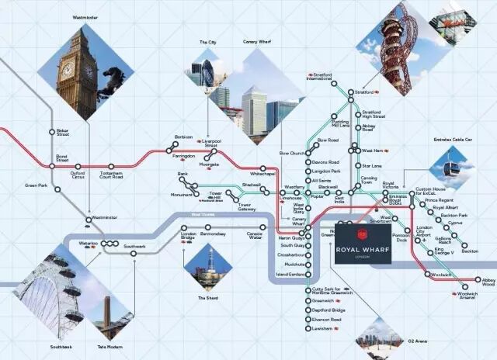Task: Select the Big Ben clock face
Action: (68, 69)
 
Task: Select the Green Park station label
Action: (36, 185)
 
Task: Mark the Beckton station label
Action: (469, 251)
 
